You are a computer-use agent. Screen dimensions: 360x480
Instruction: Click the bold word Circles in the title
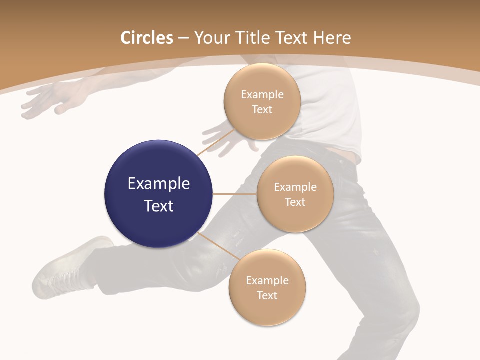click(146, 38)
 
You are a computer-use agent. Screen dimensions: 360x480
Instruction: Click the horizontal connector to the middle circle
click(235, 194)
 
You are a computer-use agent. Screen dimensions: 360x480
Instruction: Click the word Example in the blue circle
click(159, 184)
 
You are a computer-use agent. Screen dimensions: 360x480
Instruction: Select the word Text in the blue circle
click(159, 206)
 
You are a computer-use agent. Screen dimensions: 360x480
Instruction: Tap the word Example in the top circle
click(262, 95)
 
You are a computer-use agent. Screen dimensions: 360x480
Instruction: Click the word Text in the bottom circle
click(267, 295)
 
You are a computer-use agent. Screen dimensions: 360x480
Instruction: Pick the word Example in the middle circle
click(295, 187)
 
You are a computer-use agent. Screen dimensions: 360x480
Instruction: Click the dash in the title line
click(183, 38)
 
